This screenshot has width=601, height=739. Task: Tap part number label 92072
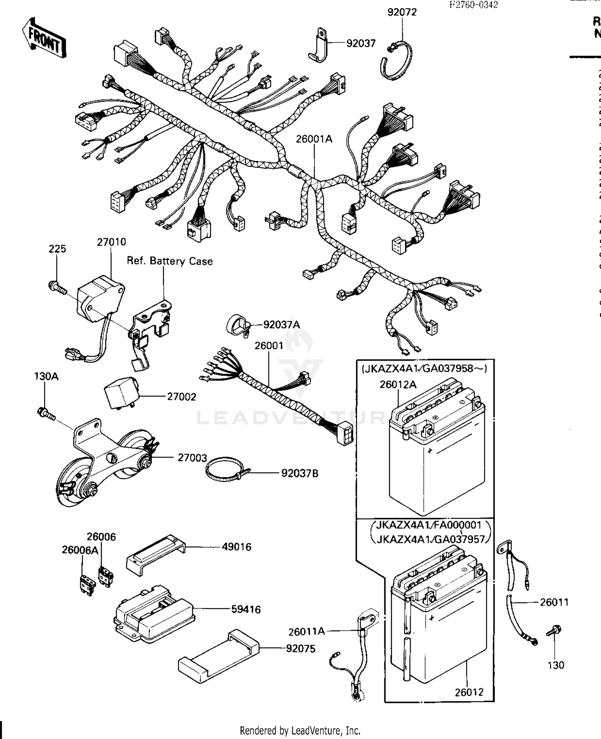402,12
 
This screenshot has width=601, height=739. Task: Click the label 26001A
314,139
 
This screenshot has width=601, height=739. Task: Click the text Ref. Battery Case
169,261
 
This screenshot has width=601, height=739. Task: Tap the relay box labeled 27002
120,393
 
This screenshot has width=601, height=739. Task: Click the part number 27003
192,457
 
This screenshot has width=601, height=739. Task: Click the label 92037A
281,324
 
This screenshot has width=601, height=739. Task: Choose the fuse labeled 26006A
87,585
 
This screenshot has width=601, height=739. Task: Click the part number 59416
246,609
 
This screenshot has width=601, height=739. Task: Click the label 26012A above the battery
398,385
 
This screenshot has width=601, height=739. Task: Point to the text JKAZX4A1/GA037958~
424,368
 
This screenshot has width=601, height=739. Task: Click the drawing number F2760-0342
473,5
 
